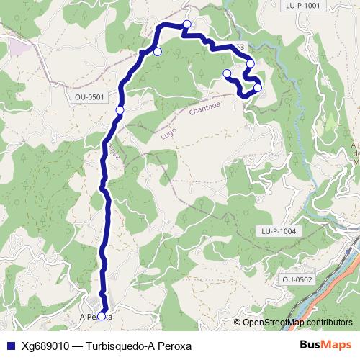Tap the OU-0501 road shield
pos(90,96)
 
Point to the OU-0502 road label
pos(297,279)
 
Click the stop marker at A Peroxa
pos(102,316)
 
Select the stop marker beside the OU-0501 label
pos(120,109)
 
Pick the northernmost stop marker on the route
pos(187,24)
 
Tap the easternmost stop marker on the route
pos(258,88)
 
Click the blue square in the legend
pos(9,345)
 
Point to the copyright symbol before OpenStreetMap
pos(238,323)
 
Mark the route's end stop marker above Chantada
pos(227,73)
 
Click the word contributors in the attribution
pos(325,323)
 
